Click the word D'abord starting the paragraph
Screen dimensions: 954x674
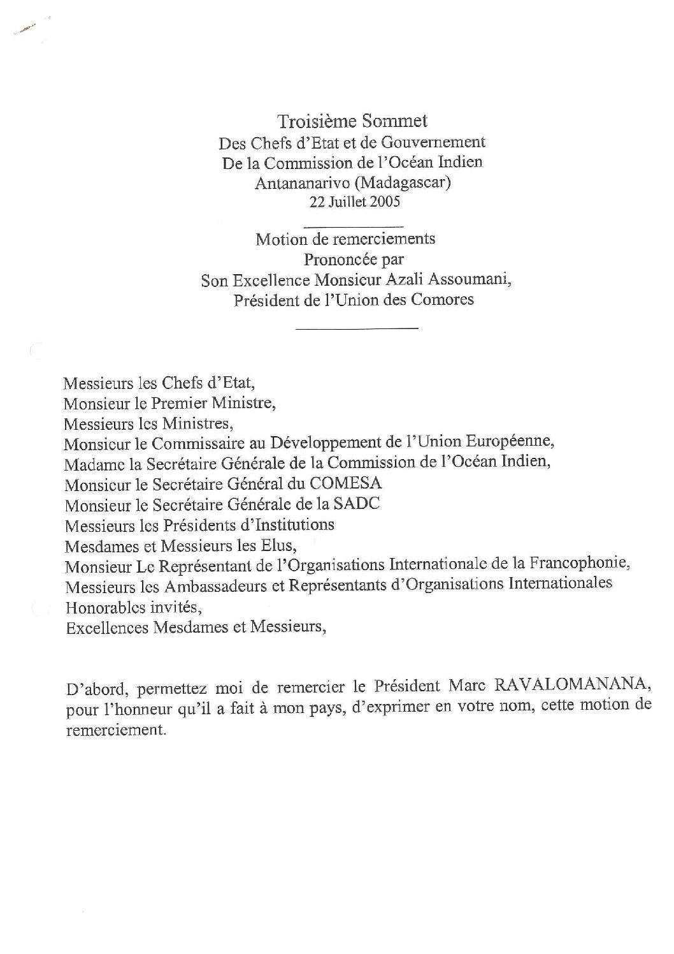(93, 687)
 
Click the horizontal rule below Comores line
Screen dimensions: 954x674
(357, 328)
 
